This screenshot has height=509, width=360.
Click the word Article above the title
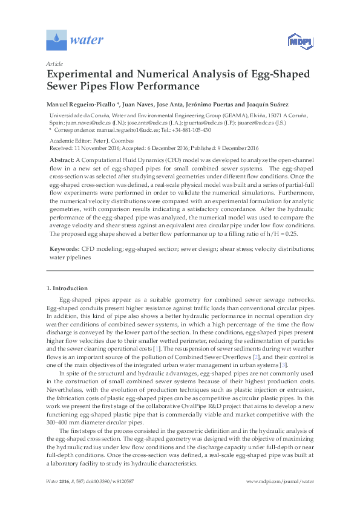(x=54, y=63)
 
